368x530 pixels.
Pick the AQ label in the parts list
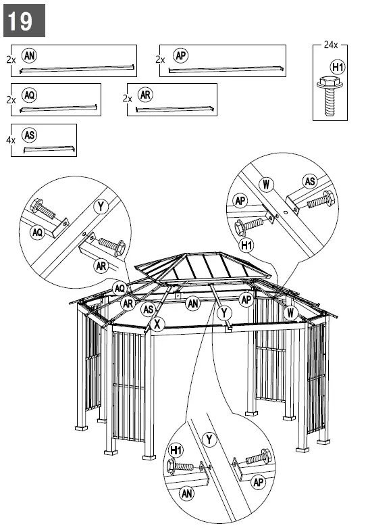[29, 95]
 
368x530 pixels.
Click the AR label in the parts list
[145, 95]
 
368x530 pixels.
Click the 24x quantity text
[330, 45]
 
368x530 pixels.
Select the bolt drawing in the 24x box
[330, 95]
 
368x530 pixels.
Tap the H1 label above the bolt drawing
[338, 67]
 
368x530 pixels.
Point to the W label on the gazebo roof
[290, 312]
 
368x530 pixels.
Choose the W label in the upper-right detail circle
[267, 183]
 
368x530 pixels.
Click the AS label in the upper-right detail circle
[310, 181]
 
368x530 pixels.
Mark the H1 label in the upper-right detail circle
[246, 244]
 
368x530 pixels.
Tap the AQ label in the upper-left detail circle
[37, 232]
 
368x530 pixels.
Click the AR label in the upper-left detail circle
[102, 266]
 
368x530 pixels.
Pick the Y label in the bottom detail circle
[209, 440]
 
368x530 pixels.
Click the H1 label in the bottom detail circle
[176, 450]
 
